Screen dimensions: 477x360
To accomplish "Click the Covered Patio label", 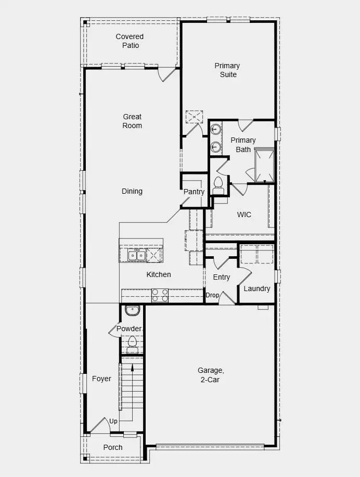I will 130,41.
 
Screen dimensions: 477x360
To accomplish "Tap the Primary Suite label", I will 227,70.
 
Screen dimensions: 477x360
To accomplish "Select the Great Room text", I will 132,121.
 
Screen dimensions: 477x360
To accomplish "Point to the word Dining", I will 132,191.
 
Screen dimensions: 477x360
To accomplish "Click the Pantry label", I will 194,192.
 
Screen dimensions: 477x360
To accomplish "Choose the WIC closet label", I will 245,214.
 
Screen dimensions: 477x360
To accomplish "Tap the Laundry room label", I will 256,288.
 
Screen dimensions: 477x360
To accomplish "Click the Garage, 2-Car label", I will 211,375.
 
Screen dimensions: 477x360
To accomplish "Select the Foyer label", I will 101,379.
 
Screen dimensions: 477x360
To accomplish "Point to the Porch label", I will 113,447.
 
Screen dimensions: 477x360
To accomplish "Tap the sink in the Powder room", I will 132,311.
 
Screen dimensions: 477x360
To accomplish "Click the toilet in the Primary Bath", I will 218,183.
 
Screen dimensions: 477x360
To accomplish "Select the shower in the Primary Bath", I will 264,165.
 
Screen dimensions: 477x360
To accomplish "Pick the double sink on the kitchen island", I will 137,255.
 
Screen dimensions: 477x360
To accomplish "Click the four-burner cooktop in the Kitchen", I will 160,296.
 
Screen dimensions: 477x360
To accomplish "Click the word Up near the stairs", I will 113,421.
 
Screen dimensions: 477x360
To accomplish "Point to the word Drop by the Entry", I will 212,295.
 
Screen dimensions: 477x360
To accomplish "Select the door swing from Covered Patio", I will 166,74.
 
